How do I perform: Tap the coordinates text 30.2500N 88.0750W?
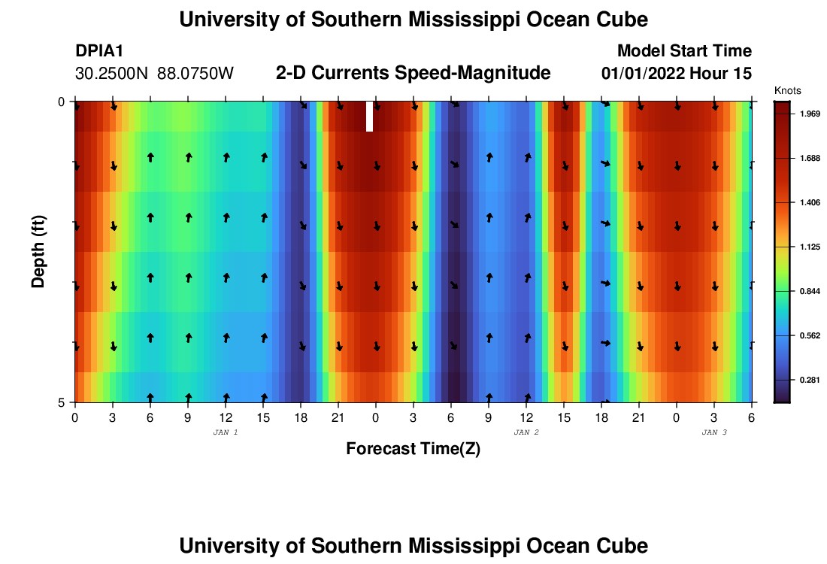click(x=154, y=74)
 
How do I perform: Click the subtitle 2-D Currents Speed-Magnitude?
click(x=413, y=73)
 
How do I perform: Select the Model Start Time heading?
click(x=684, y=51)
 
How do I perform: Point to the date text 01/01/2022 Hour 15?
click(x=677, y=74)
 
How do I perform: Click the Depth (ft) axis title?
click(x=38, y=251)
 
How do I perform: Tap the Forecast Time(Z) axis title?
click(x=413, y=449)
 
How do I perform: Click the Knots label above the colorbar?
click(x=787, y=90)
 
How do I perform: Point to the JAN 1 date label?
click(x=226, y=432)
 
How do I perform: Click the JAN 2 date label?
click(x=526, y=432)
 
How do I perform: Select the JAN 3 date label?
click(x=714, y=432)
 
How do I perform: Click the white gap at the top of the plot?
click(x=369, y=117)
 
